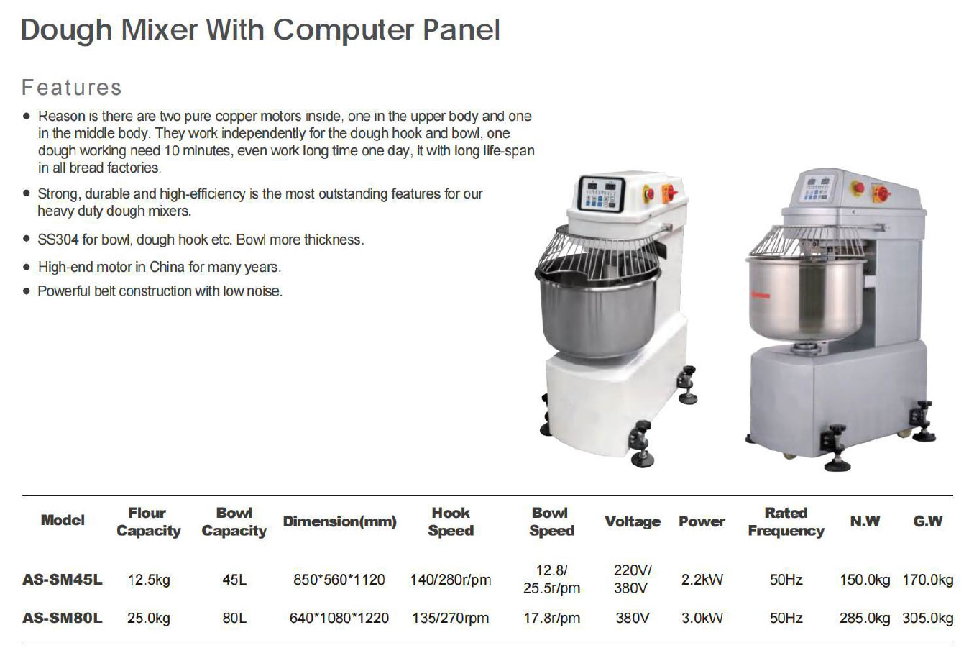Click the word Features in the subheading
click(71, 88)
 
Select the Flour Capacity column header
click(148, 521)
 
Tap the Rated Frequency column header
click(786, 521)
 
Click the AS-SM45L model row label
click(63, 580)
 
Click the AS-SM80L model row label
click(63, 618)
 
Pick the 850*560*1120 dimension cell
click(339, 580)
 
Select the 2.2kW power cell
click(702, 580)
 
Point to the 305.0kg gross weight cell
click(928, 618)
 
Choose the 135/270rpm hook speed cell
click(450, 618)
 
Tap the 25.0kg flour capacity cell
click(148, 618)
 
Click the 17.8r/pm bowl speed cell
click(551, 618)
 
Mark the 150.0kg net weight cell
click(865, 580)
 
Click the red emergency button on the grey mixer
click(858, 188)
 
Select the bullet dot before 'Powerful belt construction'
click(27, 291)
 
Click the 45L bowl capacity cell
click(234, 580)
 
